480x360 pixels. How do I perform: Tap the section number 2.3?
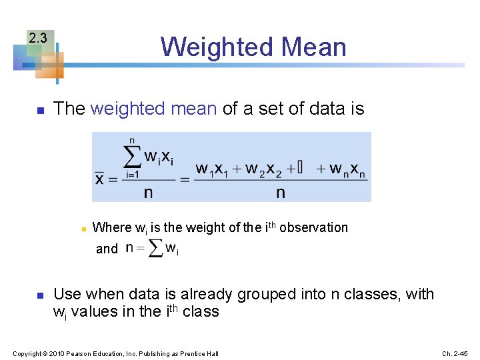[37, 38]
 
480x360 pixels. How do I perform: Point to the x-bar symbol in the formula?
[100, 179]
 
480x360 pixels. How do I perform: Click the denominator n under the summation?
[148, 193]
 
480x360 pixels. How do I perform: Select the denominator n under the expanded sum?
[281, 193]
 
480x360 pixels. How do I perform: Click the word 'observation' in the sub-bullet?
[313, 227]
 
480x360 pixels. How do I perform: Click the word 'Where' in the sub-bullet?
[112, 227]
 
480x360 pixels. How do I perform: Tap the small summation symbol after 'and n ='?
[156, 249]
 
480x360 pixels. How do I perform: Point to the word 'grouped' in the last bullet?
[274, 294]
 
